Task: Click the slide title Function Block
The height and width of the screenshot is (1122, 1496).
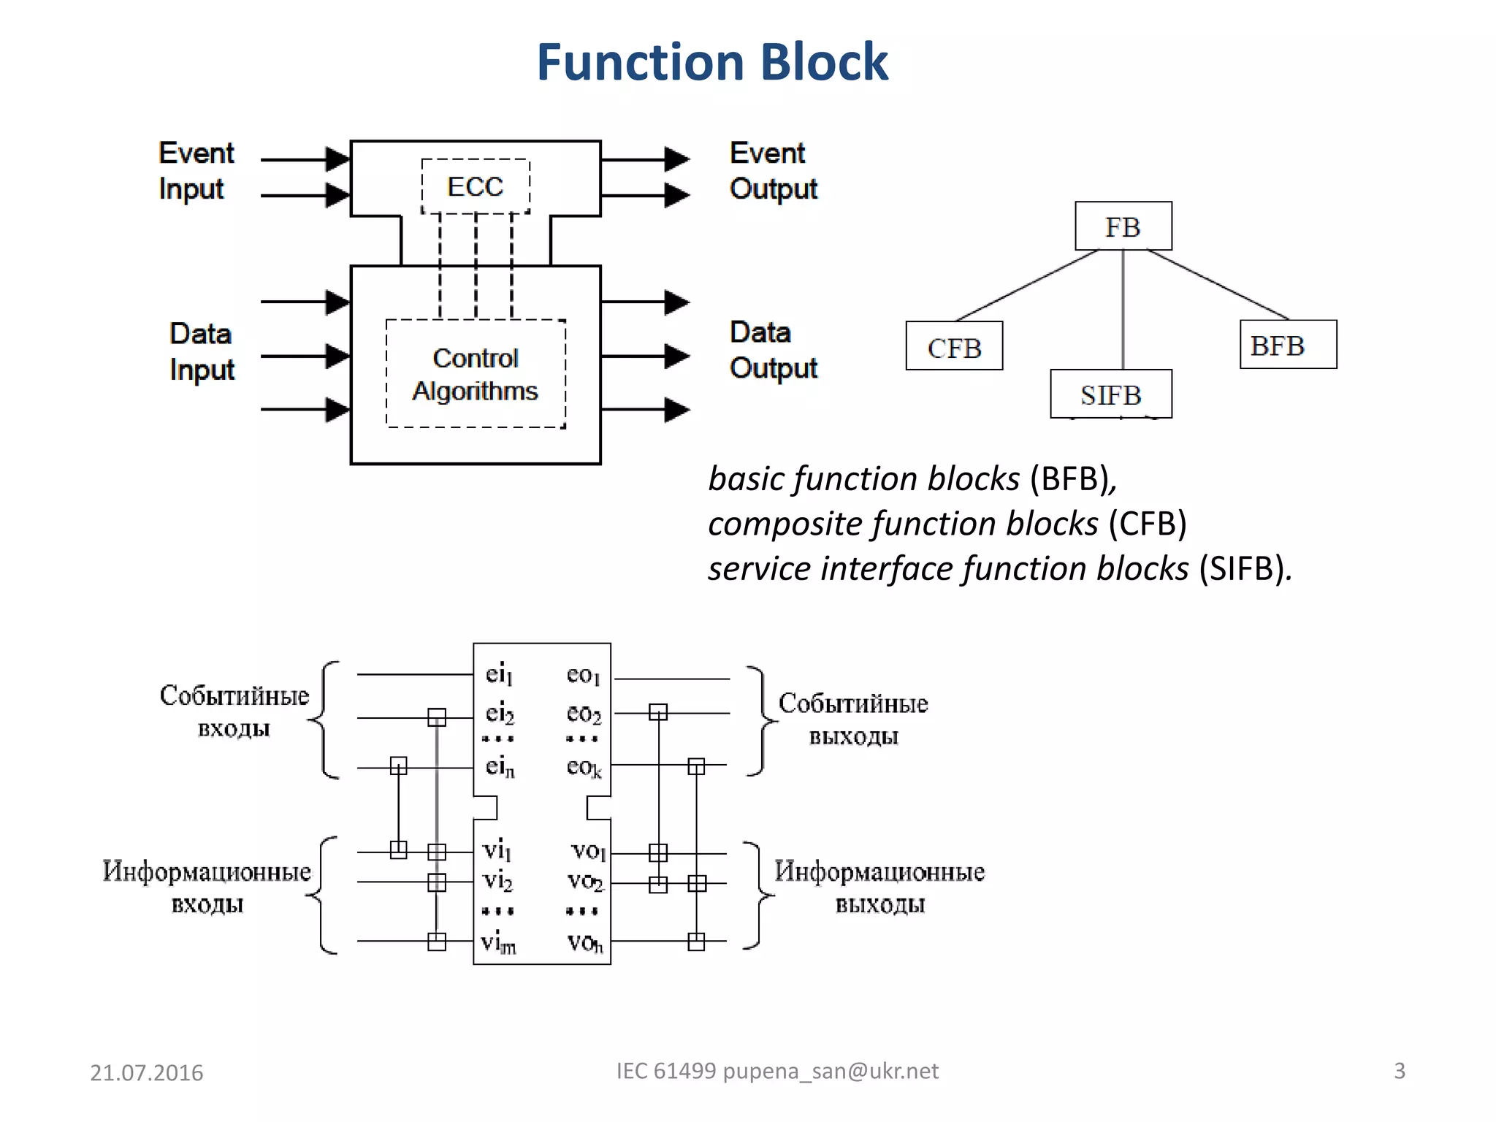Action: click(x=712, y=62)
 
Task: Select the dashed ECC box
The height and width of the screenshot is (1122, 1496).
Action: click(x=476, y=186)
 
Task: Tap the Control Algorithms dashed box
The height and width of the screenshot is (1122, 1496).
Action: click(x=476, y=374)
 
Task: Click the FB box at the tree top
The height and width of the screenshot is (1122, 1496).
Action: click(x=1123, y=226)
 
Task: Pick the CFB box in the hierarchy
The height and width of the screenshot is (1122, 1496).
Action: click(x=954, y=346)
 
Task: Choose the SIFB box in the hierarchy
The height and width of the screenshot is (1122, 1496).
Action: click(x=1110, y=394)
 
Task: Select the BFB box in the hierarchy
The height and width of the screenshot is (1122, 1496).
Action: click(x=1288, y=345)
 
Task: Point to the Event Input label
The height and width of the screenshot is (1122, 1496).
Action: click(x=196, y=171)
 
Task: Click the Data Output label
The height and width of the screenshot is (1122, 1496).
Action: click(x=773, y=350)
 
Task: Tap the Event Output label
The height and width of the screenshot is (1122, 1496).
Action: click(x=773, y=171)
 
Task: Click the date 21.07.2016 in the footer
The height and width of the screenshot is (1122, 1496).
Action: click(x=146, y=1072)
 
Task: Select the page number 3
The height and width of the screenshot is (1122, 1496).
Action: click(x=1399, y=1071)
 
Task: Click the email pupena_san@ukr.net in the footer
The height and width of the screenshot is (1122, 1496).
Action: click(x=831, y=1071)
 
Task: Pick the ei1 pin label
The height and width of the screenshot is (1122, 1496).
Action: click(x=499, y=674)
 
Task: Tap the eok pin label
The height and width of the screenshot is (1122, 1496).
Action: click(x=584, y=767)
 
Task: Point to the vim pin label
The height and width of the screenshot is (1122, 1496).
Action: click(x=498, y=942)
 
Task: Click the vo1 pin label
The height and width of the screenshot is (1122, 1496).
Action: click(x=588, y=850)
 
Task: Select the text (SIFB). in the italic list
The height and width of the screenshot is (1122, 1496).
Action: click(x=1245, y=568)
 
